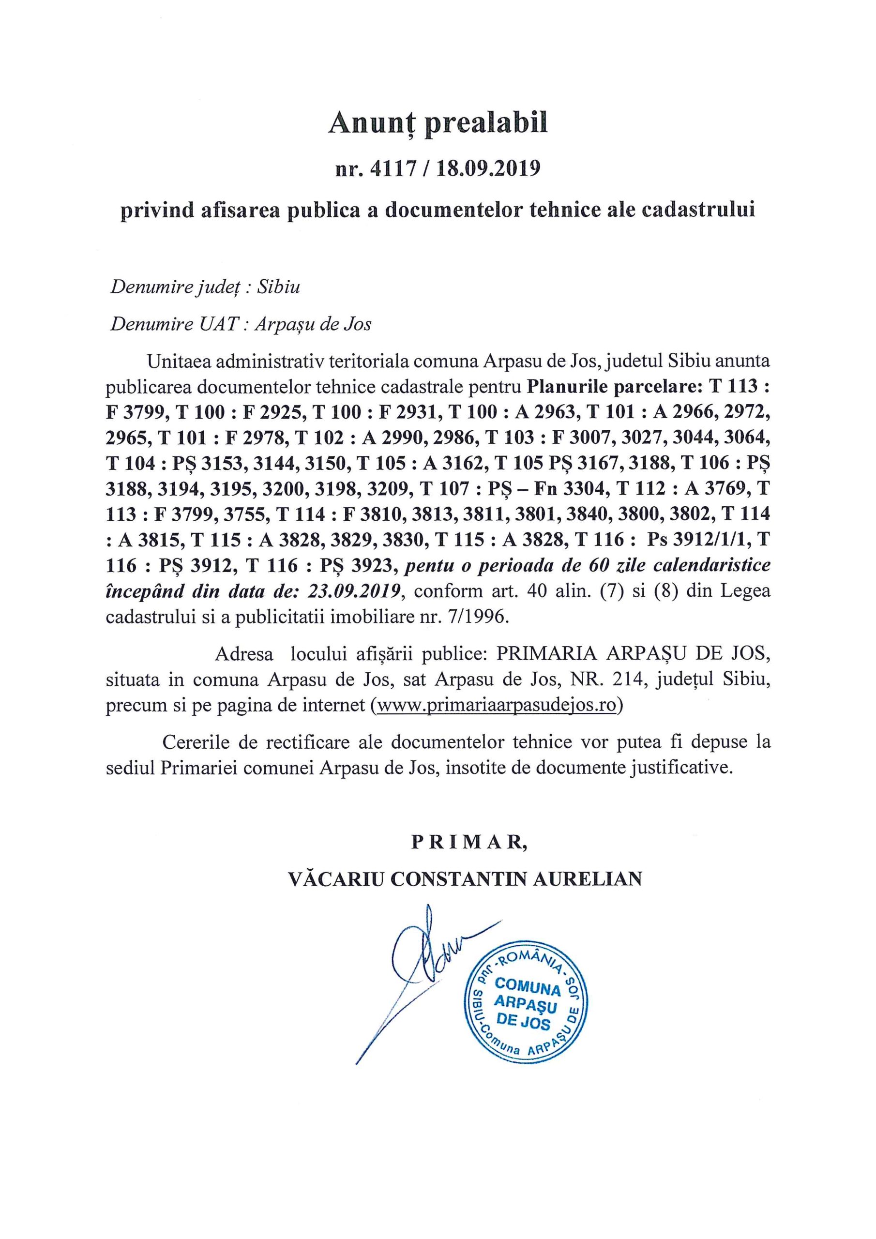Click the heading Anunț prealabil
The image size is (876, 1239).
(438, 123)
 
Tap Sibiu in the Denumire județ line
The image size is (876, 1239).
(278, 287)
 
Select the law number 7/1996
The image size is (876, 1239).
(478, 616)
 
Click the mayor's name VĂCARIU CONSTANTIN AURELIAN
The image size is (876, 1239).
(465, 878)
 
